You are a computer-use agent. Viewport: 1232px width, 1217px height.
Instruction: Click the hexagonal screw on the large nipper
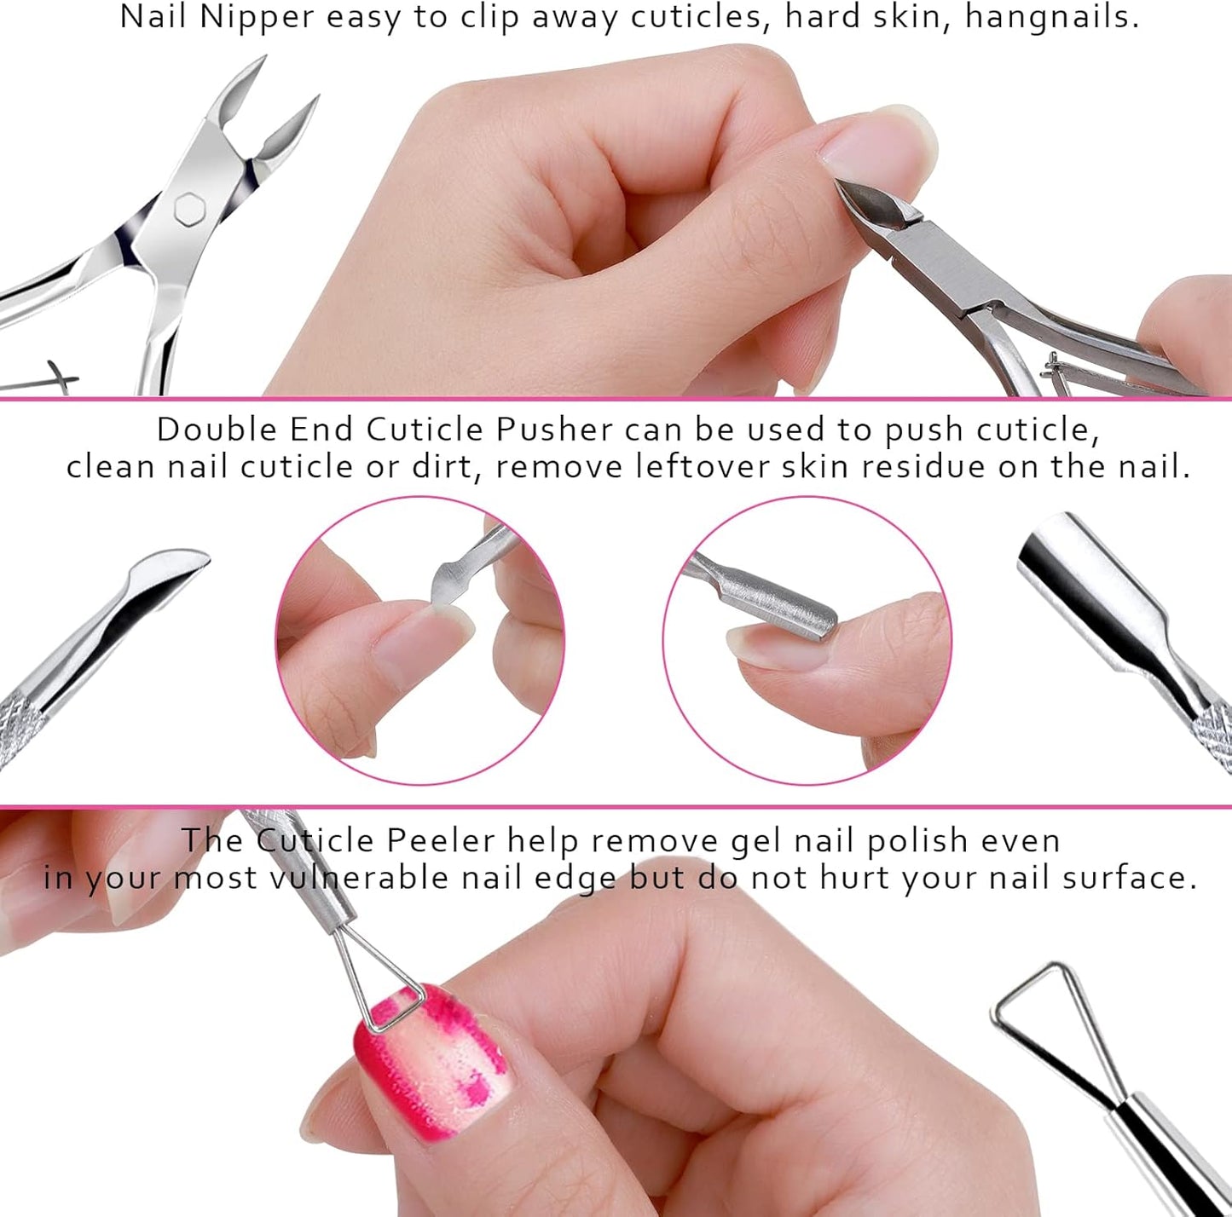point(187,209)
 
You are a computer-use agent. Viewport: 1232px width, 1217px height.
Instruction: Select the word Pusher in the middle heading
point(554,429)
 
